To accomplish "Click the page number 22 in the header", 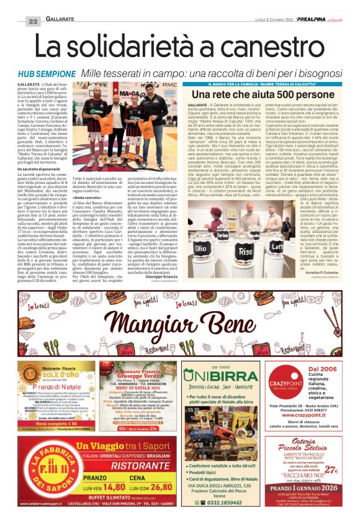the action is pyautogui.click(x=33, y=21).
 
